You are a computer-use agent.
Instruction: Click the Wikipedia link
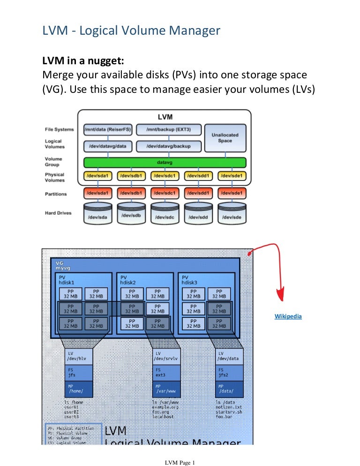pos(288,316)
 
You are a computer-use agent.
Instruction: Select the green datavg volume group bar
pos(165,163)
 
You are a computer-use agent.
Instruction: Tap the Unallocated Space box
pos(225,137)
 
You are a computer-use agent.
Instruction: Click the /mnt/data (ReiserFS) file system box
pos(108,129)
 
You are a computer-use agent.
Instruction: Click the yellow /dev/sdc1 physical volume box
pos(165,176)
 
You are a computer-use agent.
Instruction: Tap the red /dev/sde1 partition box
pos(232,193)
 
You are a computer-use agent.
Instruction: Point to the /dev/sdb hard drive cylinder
pos(131,214)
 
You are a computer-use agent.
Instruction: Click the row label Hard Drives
pos(58,213)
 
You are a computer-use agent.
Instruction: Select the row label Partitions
pos(56,194)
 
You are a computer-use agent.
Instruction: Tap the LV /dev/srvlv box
pos(166,356)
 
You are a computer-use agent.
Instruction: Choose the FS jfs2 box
pos(229,372)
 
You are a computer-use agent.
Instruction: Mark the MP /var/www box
pos(166,389)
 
